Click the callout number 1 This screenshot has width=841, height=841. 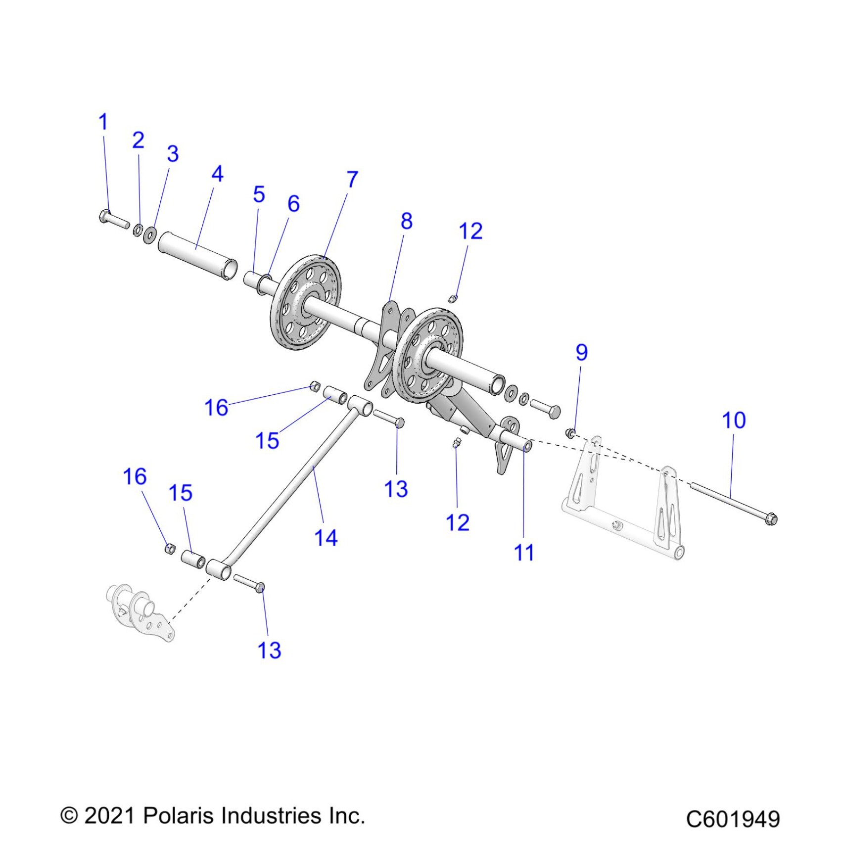click(x=103, y=122)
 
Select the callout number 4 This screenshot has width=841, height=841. click(x=217, y=174)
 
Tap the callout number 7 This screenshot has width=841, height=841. click(x=352, y=180)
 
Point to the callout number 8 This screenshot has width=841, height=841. click(x=407, y=222)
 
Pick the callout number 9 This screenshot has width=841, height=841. click(x=582, y=353)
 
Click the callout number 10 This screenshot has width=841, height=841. click(x=734, y=420)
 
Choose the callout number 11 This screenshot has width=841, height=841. click(x=524, y=553)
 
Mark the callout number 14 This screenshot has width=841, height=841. click(x=326, y=538)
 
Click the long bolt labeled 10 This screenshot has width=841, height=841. click(x=732, y=503)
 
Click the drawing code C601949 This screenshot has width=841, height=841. click(x=733, y=819)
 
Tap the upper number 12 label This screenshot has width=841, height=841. click(x=470, y=232)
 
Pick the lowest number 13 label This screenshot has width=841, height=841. click(x=269, y=651)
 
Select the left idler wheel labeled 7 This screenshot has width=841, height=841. click(x=306, y=302)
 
